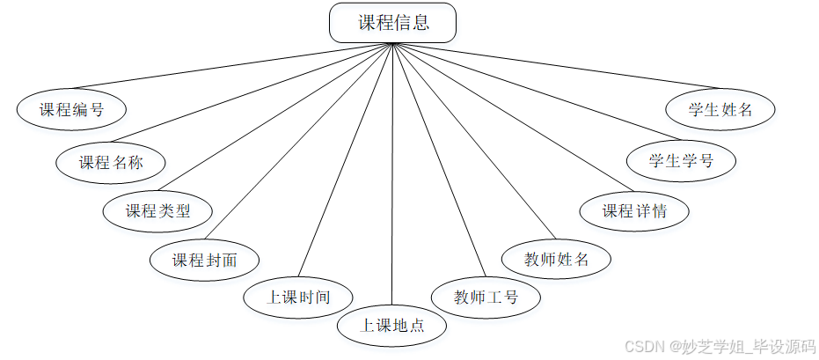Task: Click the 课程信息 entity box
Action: [393, 23]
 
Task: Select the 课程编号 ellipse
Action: [71, 110]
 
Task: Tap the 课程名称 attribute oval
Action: [111, 162]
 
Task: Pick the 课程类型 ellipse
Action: [157, 211]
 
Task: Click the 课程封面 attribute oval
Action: [204, 261]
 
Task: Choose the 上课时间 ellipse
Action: [298, 297]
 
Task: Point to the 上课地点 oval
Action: [392, 325]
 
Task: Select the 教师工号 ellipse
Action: [486, 297]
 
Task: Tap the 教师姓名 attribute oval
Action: [556, 261]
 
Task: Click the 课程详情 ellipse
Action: [634, 211]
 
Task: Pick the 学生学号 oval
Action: [681, 162]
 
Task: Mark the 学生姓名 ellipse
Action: [721, 110]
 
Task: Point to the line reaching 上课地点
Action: [392, 176]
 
